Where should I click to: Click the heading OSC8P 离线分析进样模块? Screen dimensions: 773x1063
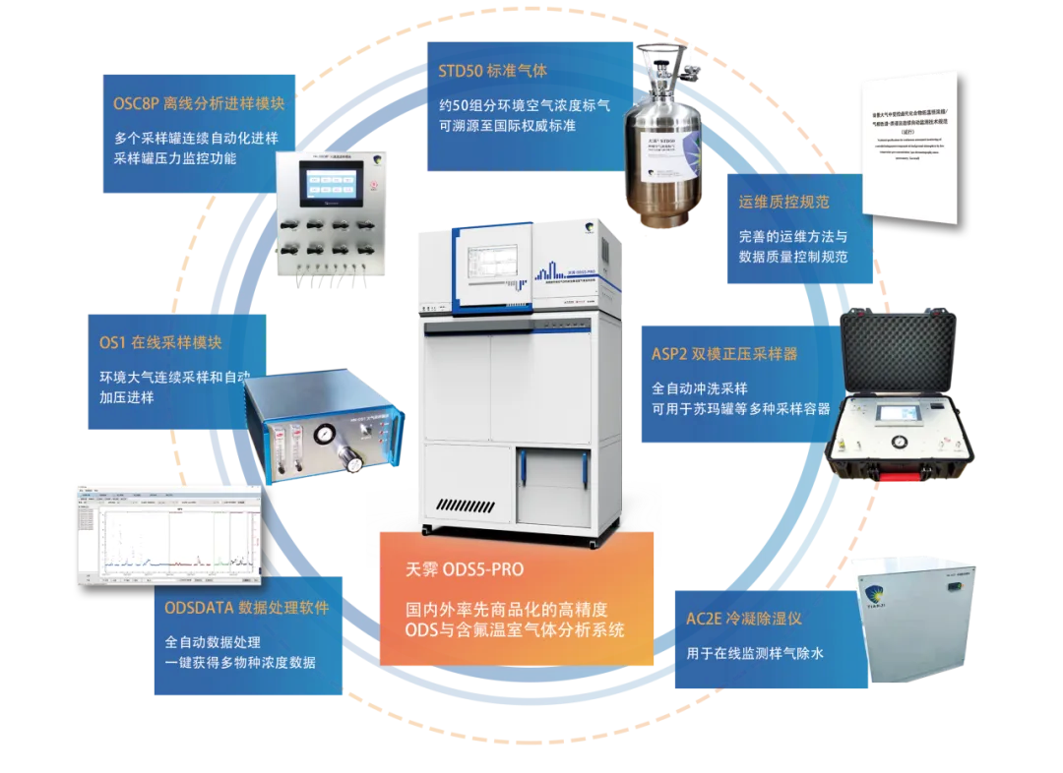(198, 103)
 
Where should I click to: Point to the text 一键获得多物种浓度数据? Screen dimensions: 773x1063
(240, 662)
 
